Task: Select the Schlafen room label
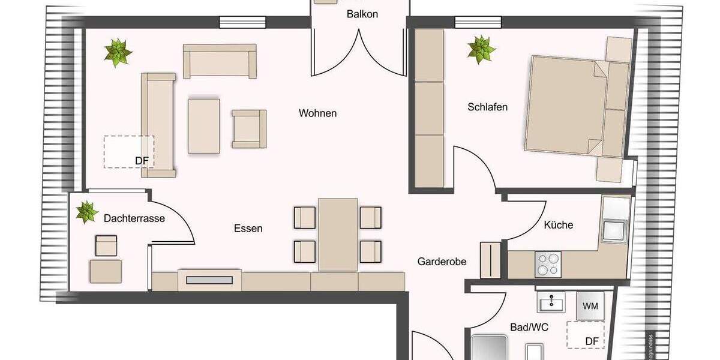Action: pyautogui.click(x=487, y=107)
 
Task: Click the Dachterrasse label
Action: pyautogui.click(x=134, y=218)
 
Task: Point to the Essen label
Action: pyautogui.click(x=248, y=228)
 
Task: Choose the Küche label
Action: pyautogui.click(x=558, y=225)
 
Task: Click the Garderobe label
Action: pyautogui.click(x=442, y=262)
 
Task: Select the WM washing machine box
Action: pyautogui.click(x=590, y=306)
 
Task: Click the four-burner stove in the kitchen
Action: pyautogui.click(x=548, y=264)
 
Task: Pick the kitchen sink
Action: pyautogui.click(x=614, y=230)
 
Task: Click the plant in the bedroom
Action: pyautogui.click(x=481, y=49)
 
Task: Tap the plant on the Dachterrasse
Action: pyautogui.click(x=86, y=212)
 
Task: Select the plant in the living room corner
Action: pyautogui.click(x=118, y=53)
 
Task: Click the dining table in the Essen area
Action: pyautogui.click(x=338, y=235)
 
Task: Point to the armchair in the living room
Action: pyautogui.click(x=249, y=128)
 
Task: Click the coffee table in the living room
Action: pyautogui.click(x=203, y=126)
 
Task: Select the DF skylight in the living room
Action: pyautogui.click(x=128, y=151)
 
